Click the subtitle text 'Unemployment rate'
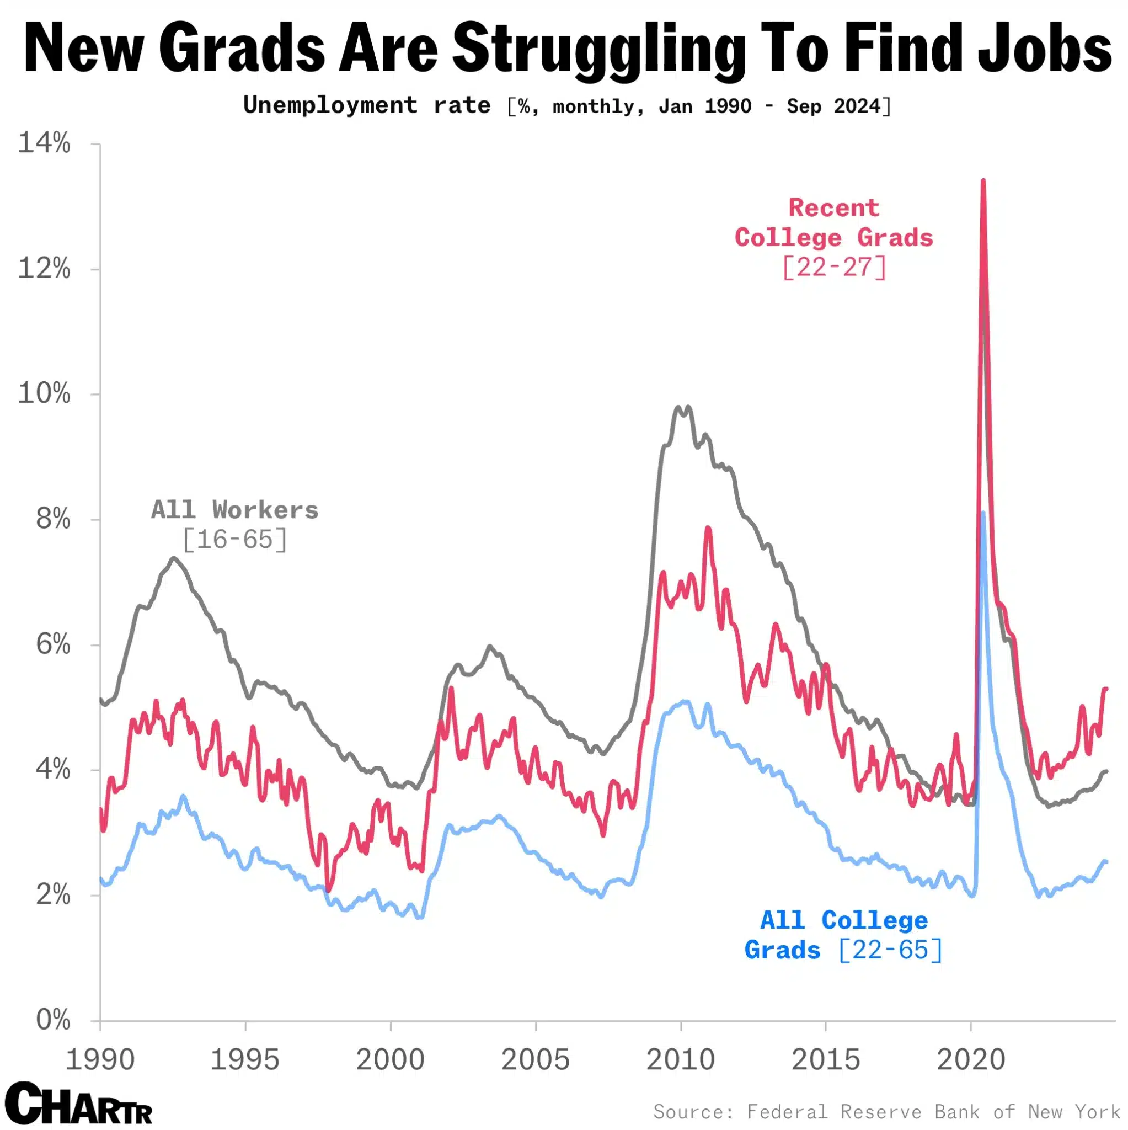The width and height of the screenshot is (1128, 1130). pyautogui.click(x=367, y=106)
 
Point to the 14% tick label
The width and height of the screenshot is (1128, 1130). pyautogui.click(x=45, y=143)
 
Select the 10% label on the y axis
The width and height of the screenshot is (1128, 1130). pyautogui.click(x=45, y=393)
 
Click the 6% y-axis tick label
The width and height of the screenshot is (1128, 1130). pyautogui.click(x=52, y=644)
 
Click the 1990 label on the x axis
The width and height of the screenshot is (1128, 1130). pyautogui.click(x=100, y=1059)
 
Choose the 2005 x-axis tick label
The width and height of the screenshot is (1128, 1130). pyautogui.click(x=535, y=1059)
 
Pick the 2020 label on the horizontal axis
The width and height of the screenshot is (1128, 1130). pyautogui.click(x=971, y=1059)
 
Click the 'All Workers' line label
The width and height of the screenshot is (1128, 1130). pyautogui.click(x=234, y=510)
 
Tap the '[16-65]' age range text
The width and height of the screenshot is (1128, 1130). pyautogui.click(x=234, y=539)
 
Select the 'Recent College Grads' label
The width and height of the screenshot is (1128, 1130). pyautogui.click(x=833, y=223)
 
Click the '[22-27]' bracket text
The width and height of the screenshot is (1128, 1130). pyautogui.click(x=834, y=267)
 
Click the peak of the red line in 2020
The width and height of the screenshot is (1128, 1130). pyautogui.click(x=983, y=182)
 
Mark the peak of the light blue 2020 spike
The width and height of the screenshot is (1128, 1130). pyautogui.click(x=983, y=514)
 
